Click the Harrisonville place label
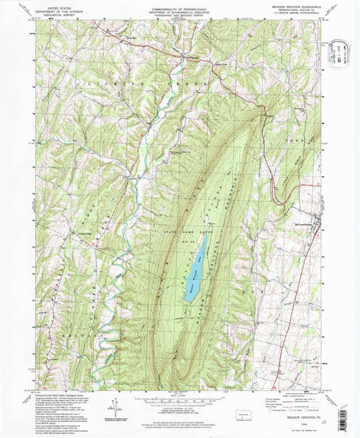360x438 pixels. [193, 57]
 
